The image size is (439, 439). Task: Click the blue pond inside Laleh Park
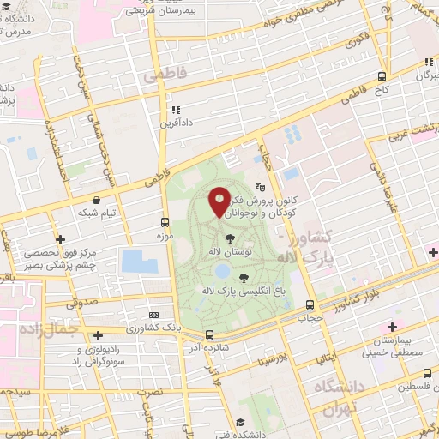coord(221,271)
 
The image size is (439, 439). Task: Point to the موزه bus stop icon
coord(165,221)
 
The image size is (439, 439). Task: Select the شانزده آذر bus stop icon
coord(208,334)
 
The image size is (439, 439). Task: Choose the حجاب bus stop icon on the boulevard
coord(310,304)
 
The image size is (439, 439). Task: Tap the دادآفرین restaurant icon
coord(176,110)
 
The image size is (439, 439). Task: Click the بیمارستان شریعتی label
coord(165,13)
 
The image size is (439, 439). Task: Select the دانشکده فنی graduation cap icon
coord(239,422)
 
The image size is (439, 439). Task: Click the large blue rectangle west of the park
coord(140,262)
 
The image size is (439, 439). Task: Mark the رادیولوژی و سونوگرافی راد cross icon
coord(98,334)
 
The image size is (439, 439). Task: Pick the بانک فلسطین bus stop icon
coord(427,373)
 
